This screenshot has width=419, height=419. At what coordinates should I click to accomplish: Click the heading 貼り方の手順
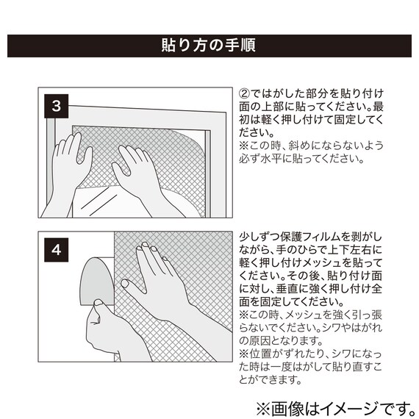(209, 45)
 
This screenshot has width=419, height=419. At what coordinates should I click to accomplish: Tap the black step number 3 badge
(56, 106)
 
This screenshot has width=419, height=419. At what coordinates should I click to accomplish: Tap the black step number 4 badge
(56, 250)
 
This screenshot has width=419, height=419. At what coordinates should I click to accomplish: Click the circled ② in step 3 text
(244, 93)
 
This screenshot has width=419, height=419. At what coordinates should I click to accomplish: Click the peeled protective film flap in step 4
(97, 281)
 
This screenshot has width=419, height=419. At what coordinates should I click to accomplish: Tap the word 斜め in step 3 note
(299, 146)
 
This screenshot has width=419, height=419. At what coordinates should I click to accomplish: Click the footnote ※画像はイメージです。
(335, 409)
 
